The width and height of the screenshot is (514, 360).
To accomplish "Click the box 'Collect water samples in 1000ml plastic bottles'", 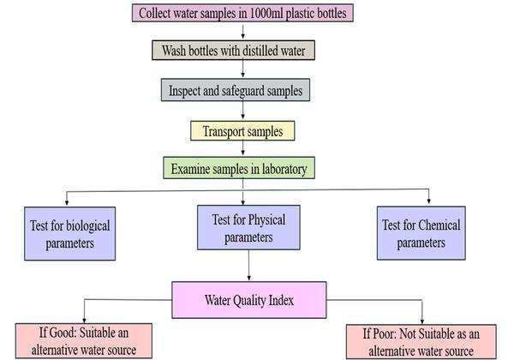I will [243, 13].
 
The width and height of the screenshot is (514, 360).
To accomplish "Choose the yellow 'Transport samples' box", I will [242, 131].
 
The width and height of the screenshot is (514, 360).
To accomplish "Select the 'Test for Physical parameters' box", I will [248, 228].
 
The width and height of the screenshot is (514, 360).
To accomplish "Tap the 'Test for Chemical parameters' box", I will [420, 234].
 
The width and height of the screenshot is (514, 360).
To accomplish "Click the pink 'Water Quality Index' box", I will [250, 300].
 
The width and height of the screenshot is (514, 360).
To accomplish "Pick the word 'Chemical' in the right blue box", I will [440, 225].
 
